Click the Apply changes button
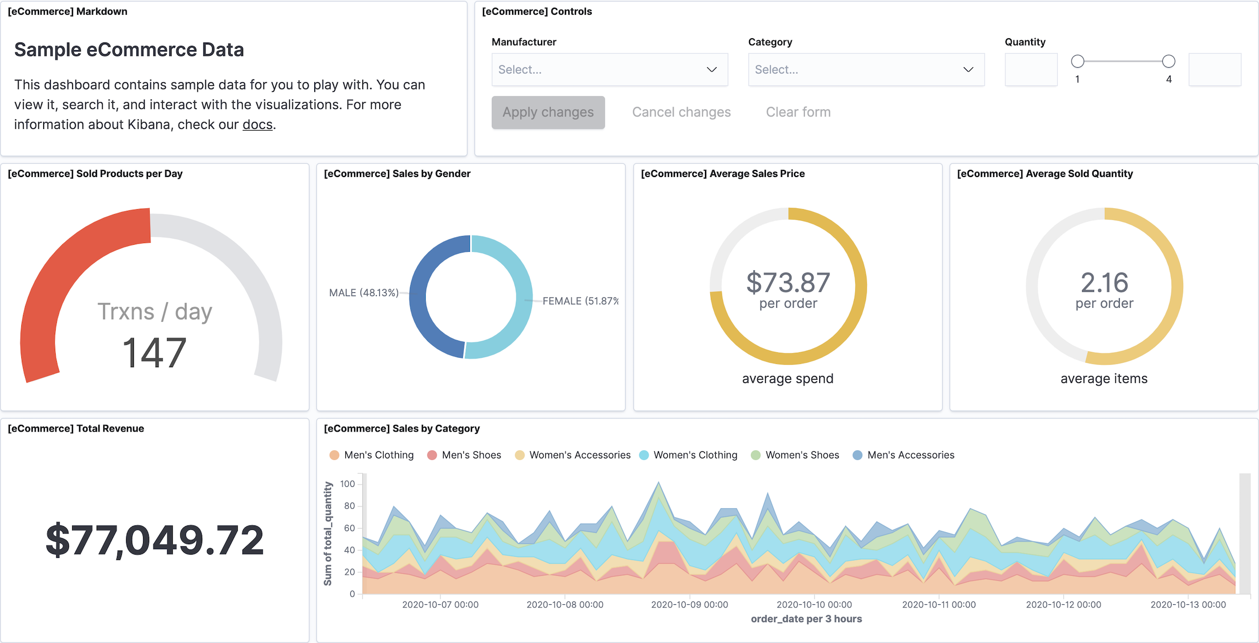coord(548,113)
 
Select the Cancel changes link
coord(681,113)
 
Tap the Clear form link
coord(798,113)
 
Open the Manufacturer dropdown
coord(609,70)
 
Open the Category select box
coord(866,70)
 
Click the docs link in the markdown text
coord(257,125)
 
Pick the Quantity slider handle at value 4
coord(1168,61)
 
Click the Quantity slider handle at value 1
coord(1078,61)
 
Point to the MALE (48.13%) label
coord(363,293)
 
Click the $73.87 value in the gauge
coord(788,282)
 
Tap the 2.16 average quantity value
coord(1104,282)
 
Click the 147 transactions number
coord(155,353)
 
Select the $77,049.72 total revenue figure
coord(155,540)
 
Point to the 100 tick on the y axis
coord(348,484)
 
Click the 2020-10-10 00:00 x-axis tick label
coord(814,605)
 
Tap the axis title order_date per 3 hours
coord(806,619)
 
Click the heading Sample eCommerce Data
coord(129,50)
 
